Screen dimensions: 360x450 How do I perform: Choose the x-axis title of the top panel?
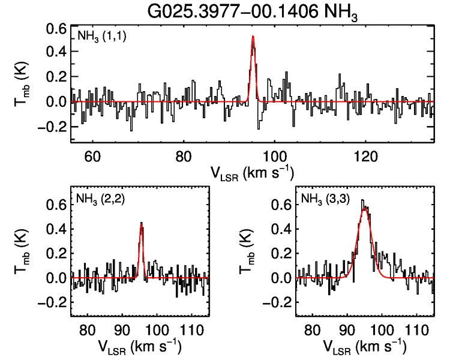click(252, 174)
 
